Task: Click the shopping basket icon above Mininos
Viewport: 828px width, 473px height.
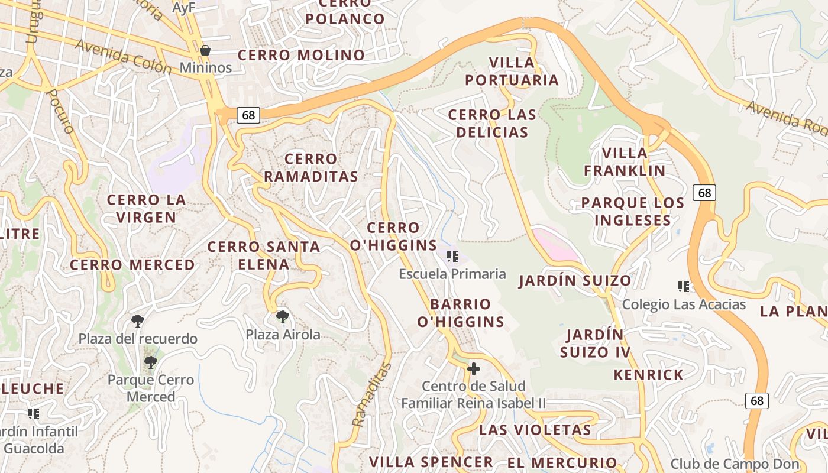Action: pos(205,51)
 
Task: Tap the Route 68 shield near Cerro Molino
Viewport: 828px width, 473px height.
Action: pos(248,115)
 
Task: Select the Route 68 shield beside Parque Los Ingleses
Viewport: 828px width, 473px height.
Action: pos(704,192)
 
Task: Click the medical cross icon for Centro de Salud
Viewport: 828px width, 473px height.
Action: pos(473,369)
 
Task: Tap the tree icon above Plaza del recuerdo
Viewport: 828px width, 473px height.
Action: pos(138,321)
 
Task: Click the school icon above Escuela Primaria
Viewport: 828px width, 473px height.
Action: pos(452,257)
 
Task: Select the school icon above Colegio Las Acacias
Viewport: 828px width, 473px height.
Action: pos(684,287)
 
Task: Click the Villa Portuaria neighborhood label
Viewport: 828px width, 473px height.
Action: pos(512,71)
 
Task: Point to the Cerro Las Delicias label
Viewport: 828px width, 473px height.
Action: pos(491,123)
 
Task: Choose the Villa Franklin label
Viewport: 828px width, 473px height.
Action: pos(625,161)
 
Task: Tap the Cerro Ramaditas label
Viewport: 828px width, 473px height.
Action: pos(310,167)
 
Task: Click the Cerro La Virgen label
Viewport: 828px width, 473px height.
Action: pos(146,208)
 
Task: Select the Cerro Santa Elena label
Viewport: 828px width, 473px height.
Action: pos(264,255)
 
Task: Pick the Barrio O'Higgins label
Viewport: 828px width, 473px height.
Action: pos(461,313)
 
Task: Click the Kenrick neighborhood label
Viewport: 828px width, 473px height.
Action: pos(648,375)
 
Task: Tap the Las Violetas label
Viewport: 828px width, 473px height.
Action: pos(535,430)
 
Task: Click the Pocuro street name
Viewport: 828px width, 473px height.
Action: pos(60,111)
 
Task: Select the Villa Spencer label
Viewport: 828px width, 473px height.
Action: pos(431,462)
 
